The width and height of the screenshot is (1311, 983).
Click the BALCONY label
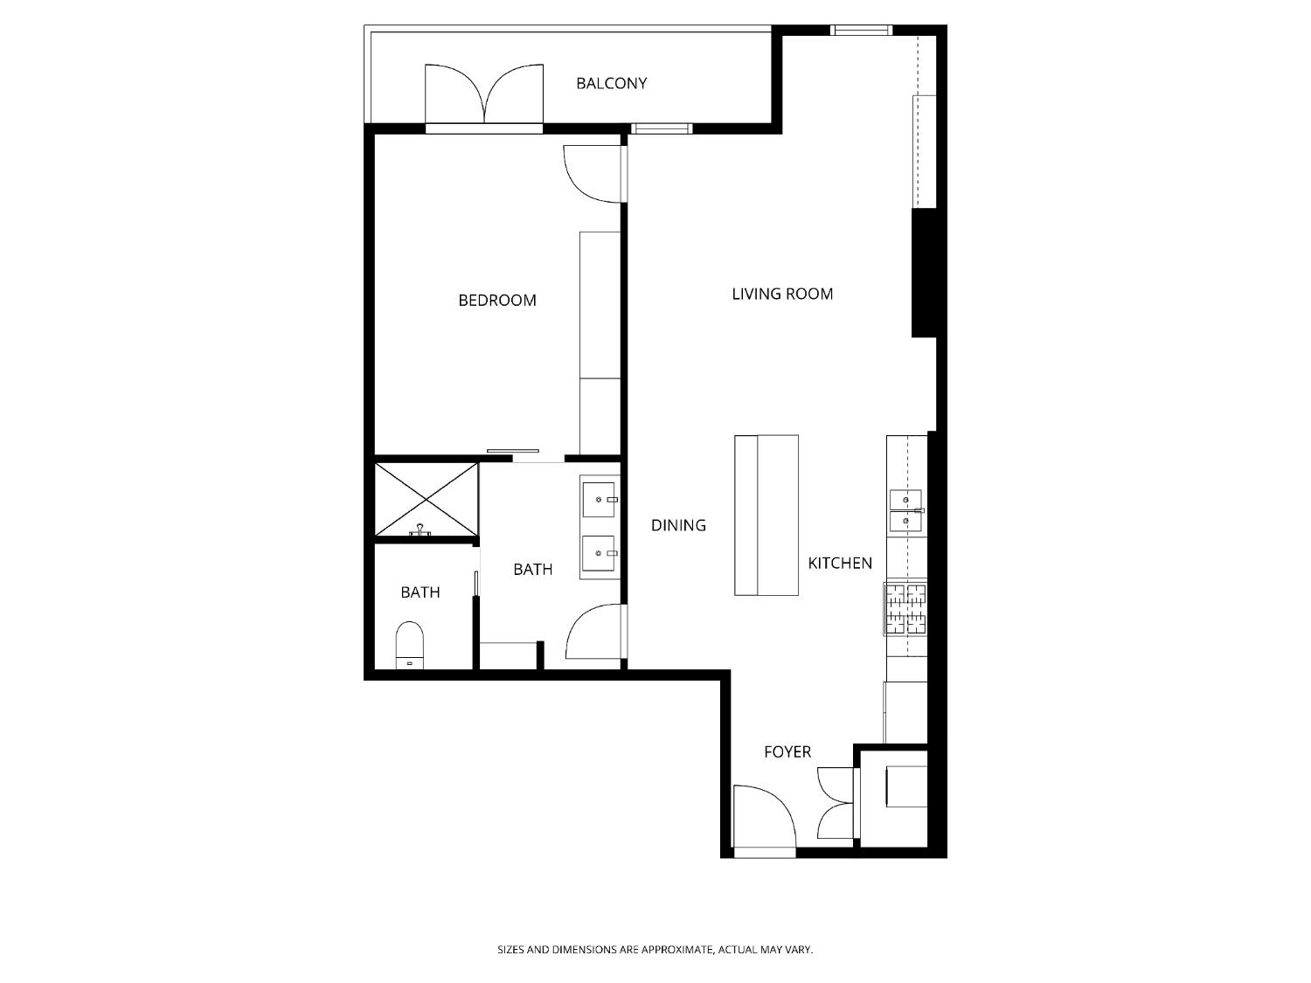pos(611,84)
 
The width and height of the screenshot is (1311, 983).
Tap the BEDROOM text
pos(497,301)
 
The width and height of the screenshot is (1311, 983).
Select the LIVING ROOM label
pos(782,294)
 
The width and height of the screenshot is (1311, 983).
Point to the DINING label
pos(678,525)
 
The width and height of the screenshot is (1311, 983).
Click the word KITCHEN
pos(839,564)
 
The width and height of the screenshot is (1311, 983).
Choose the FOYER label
pos(787,752)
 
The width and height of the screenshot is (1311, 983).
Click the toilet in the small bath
pos(409,645)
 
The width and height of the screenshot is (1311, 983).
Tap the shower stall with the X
pos(427,499)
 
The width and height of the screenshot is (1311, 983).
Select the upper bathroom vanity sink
pos(600,500)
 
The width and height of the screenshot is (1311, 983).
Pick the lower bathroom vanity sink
pos(600,553)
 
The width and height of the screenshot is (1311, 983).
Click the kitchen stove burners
pos(905,609)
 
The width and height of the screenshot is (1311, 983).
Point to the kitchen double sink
pos(905,511)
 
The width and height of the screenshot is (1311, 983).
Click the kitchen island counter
pos(766,516)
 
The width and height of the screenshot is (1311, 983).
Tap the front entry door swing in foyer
pos(761,818)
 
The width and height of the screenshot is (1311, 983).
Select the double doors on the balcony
pos(484,94)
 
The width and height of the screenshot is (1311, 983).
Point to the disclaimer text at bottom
pos(655,949)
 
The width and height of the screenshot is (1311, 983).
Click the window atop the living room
pos(861,31)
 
